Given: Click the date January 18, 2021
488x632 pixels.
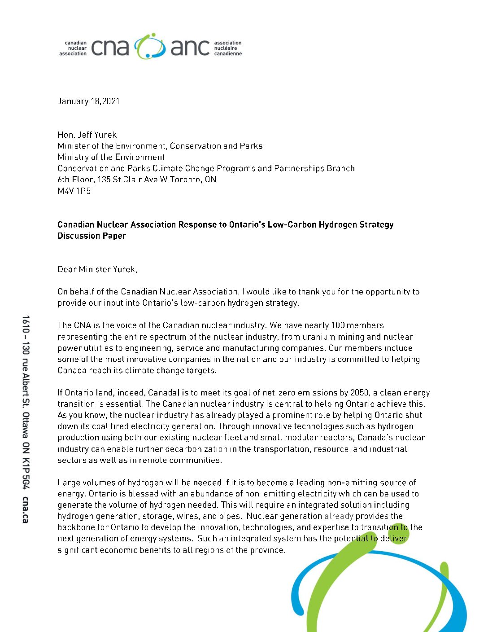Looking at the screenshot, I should point(88,101).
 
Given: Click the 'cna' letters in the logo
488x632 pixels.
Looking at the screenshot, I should point(110,48).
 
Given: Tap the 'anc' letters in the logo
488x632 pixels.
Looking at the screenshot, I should point(190,48).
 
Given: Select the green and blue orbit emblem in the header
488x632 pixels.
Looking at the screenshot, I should point(150,46).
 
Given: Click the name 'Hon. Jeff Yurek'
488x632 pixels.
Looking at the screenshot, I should point(87,135).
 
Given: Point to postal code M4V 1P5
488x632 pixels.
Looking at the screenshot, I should point(74,191).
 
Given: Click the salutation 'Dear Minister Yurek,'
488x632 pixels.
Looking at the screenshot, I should point(97,269).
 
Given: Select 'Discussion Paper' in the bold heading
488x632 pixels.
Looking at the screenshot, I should point(91,236).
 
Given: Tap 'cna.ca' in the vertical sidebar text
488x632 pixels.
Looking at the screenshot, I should point(25,509).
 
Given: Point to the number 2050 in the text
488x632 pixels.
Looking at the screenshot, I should point(360,393).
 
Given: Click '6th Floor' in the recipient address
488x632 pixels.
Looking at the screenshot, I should point(75,180).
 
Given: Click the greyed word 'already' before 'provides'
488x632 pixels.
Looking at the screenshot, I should point(339,516).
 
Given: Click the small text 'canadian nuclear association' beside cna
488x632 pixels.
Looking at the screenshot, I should point(73,48).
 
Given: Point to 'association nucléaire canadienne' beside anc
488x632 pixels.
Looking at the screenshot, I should point(227,48).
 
